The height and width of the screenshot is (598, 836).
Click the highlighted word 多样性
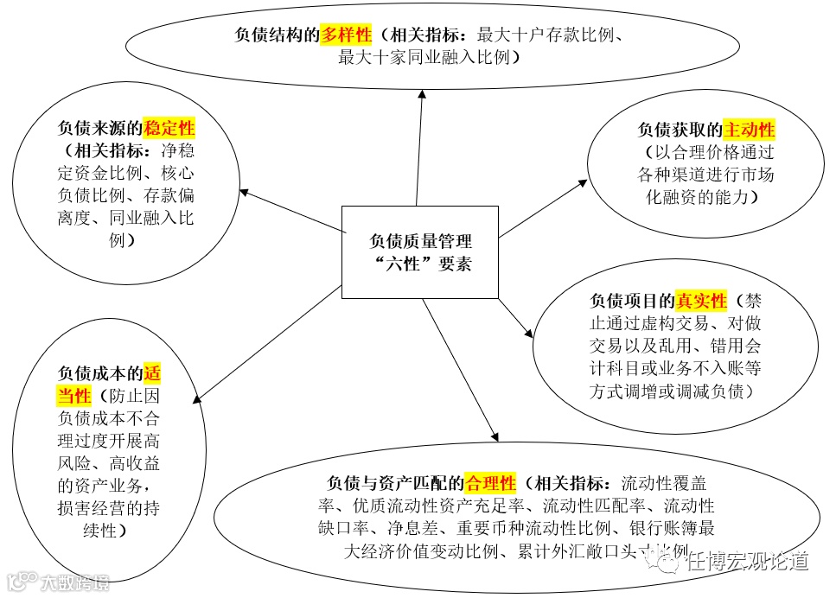point(346,35)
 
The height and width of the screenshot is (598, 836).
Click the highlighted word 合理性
point(490,481)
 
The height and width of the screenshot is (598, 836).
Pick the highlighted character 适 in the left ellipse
point(152,374)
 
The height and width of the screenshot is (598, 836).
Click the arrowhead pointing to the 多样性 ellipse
point(423,93)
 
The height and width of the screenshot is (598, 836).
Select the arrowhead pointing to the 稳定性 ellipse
point(245,191)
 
